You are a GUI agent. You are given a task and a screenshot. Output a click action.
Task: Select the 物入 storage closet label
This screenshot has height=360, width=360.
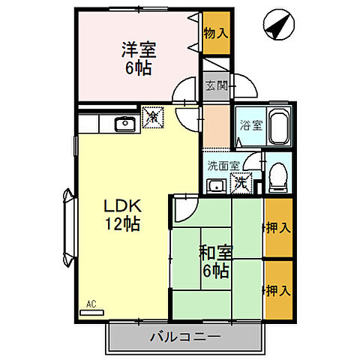pos(215,33)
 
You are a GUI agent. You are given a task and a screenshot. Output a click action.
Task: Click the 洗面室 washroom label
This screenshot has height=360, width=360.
pos(223,166)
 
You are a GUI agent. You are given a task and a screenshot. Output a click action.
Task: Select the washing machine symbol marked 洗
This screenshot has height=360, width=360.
pos(241,181)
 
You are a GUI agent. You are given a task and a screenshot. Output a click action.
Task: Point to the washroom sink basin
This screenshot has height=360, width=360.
pos(217,185)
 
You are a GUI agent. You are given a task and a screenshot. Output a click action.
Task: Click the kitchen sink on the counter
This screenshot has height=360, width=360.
pos(123,123)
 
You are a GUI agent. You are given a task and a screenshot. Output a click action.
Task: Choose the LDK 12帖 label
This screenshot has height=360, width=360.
pos(121,213)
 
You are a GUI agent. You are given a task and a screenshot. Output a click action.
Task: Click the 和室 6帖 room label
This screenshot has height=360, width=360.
pos(214,259)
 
